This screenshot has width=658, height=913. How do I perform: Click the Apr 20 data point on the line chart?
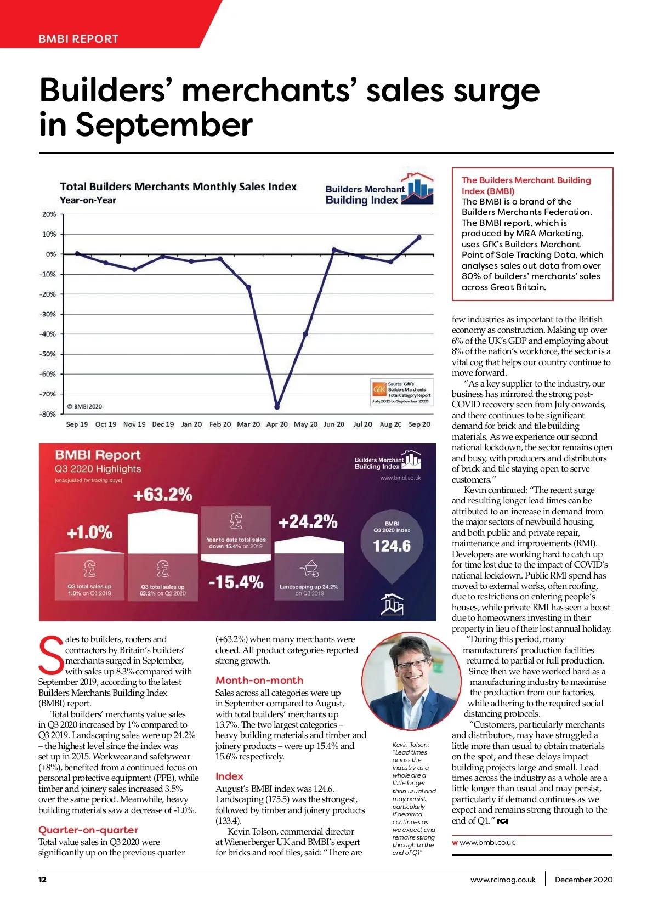pos(277,407)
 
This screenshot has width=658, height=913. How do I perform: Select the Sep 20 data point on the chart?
pos(419,237)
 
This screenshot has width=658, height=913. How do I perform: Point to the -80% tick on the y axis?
pos(48,414)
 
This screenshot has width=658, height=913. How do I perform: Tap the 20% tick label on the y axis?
pos(49,214)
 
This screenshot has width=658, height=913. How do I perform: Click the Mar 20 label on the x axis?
pos(248,424)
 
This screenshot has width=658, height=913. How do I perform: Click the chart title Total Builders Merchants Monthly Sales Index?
pos(178,186)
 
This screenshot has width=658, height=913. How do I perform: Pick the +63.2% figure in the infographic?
pos(163,495)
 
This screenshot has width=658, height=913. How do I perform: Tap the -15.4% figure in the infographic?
pos(236,582)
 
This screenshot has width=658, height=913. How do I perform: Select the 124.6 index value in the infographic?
pos(392,546)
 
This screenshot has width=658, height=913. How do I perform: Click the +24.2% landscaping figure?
pos(308,521)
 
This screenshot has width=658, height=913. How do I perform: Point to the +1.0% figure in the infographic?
pos(89,532)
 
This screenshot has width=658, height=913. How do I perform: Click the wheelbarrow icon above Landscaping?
pos(309,569)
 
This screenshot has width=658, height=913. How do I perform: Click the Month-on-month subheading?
pos(259,680)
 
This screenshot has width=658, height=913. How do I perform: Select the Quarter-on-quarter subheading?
pos(88,830)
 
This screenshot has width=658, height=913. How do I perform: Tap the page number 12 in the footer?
pos(42,880)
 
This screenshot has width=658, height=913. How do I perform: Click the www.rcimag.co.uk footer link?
pos(503,880)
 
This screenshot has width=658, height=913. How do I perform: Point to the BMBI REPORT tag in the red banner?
pos(78,39)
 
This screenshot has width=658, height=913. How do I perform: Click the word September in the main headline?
pos(164,124)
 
